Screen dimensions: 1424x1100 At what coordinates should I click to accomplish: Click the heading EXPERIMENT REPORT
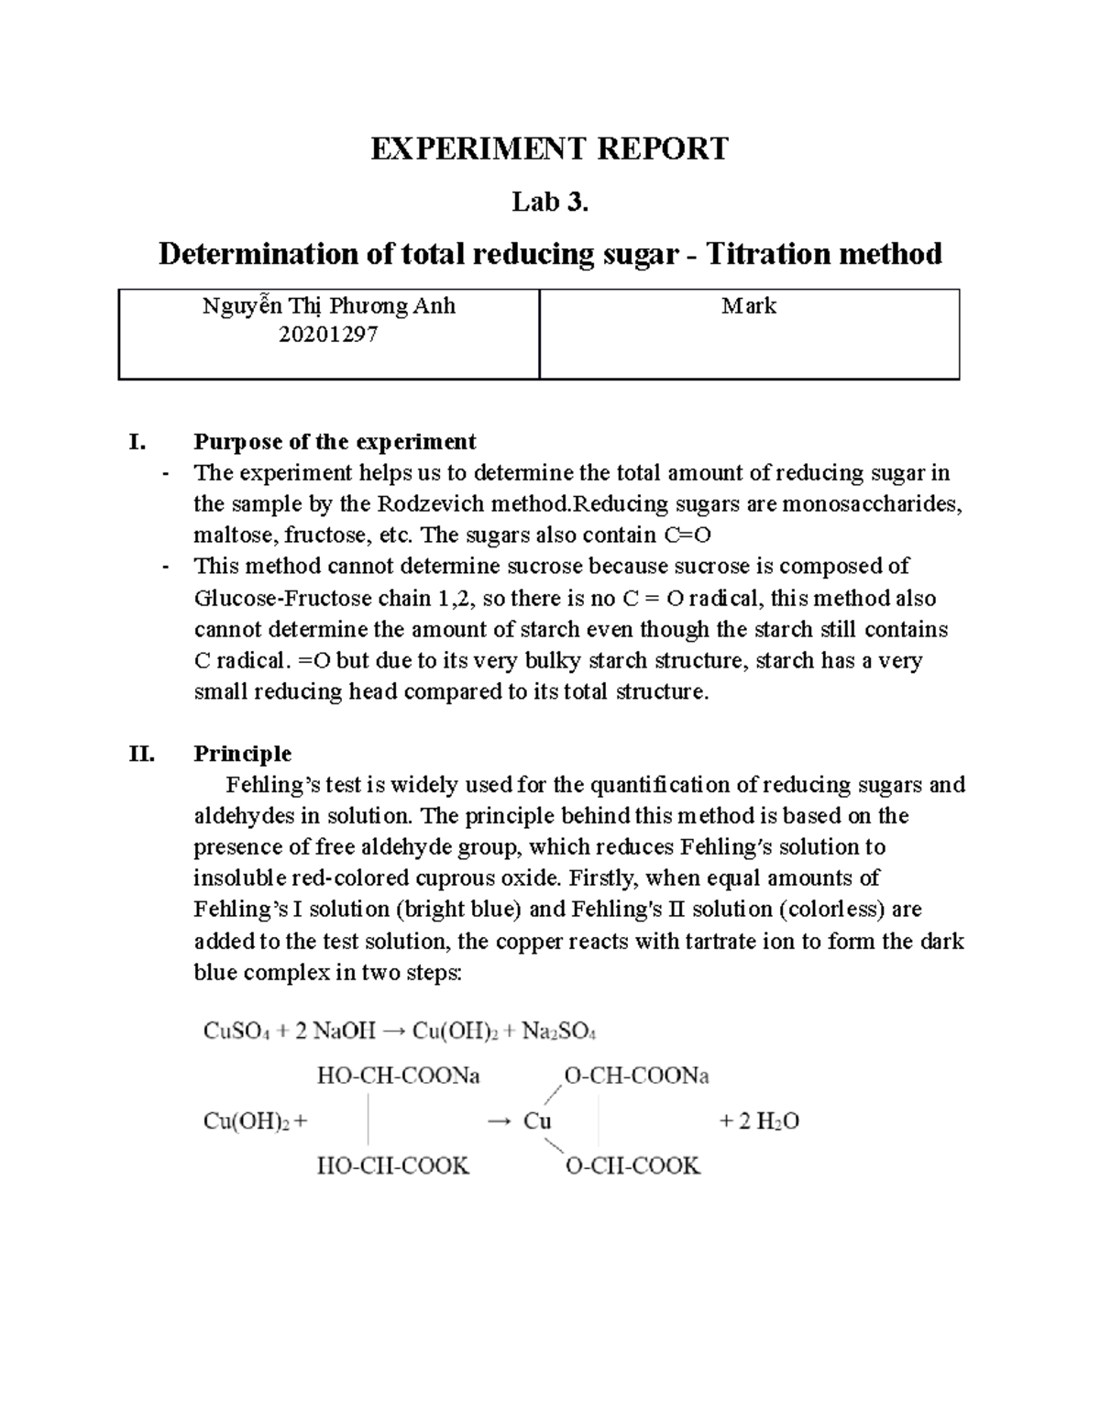tap(549, 149)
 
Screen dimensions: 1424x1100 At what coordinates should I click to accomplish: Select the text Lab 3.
tap(549, 202)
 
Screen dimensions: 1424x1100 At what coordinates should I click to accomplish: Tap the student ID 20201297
tap(328, 336)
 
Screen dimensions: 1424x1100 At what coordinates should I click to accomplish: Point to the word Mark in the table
tap(749, 306)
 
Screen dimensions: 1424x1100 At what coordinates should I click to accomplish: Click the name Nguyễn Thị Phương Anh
tap(328, 306)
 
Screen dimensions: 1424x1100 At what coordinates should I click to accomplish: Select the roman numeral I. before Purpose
tap(137, 442)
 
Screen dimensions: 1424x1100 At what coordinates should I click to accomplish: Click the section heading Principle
tap(242, 754)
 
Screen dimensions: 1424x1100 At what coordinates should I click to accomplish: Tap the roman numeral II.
tap(142, 754)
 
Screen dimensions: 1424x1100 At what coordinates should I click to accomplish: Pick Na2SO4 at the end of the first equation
tap(559, 1032)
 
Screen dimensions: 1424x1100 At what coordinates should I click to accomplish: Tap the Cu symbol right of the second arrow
tap(537, 1120)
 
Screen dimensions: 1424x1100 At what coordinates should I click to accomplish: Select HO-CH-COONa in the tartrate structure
tap(398, 1076)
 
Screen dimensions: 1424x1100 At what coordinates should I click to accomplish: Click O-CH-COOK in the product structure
tap(632, 1166)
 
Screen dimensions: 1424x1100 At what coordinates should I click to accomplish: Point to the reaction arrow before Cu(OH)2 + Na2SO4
tap(392, 1032)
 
